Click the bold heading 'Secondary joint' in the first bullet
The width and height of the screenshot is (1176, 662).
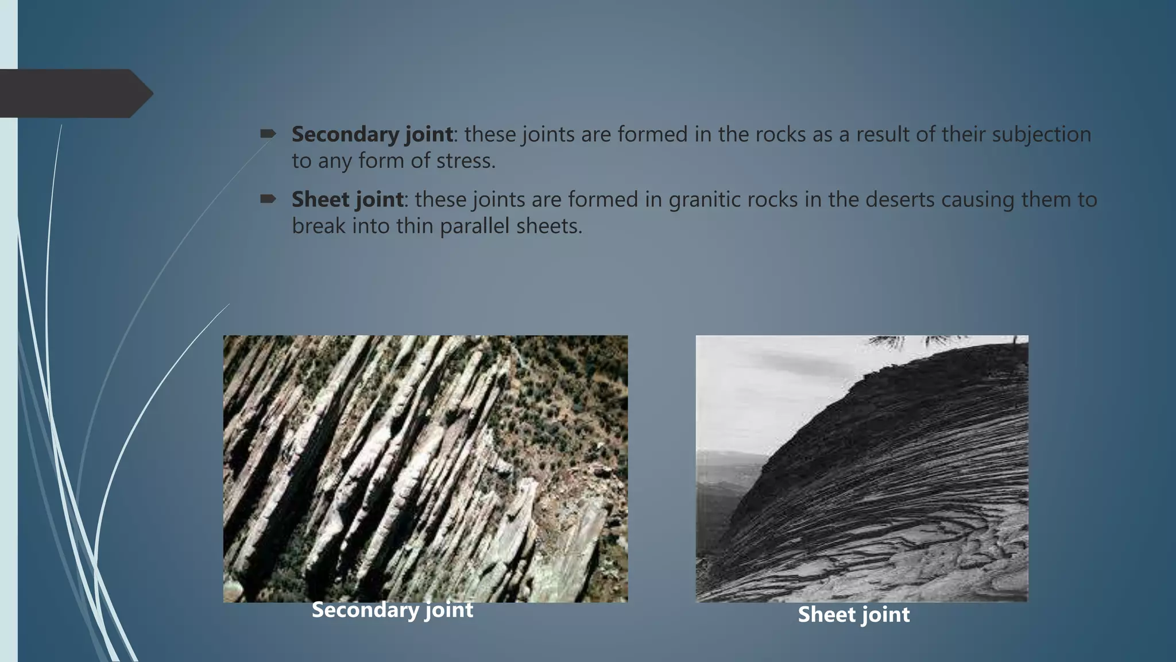click(x=372, y=134)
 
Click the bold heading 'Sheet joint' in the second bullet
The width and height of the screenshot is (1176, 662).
click(x=347, y=200)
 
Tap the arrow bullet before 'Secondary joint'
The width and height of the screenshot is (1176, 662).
click(x=268, y=134)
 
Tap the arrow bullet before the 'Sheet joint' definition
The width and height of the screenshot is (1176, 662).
click(x=268, y=199)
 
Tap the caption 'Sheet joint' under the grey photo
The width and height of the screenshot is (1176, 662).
click(x=853, y=615)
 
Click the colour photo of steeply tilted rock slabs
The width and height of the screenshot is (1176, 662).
click(x=425, y=468)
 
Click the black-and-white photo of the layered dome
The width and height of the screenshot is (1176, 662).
click(x=861, y=468)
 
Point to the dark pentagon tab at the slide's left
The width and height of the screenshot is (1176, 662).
click(x=75, y=93)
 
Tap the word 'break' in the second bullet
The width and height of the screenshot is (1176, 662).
click(x=319, y=226)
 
